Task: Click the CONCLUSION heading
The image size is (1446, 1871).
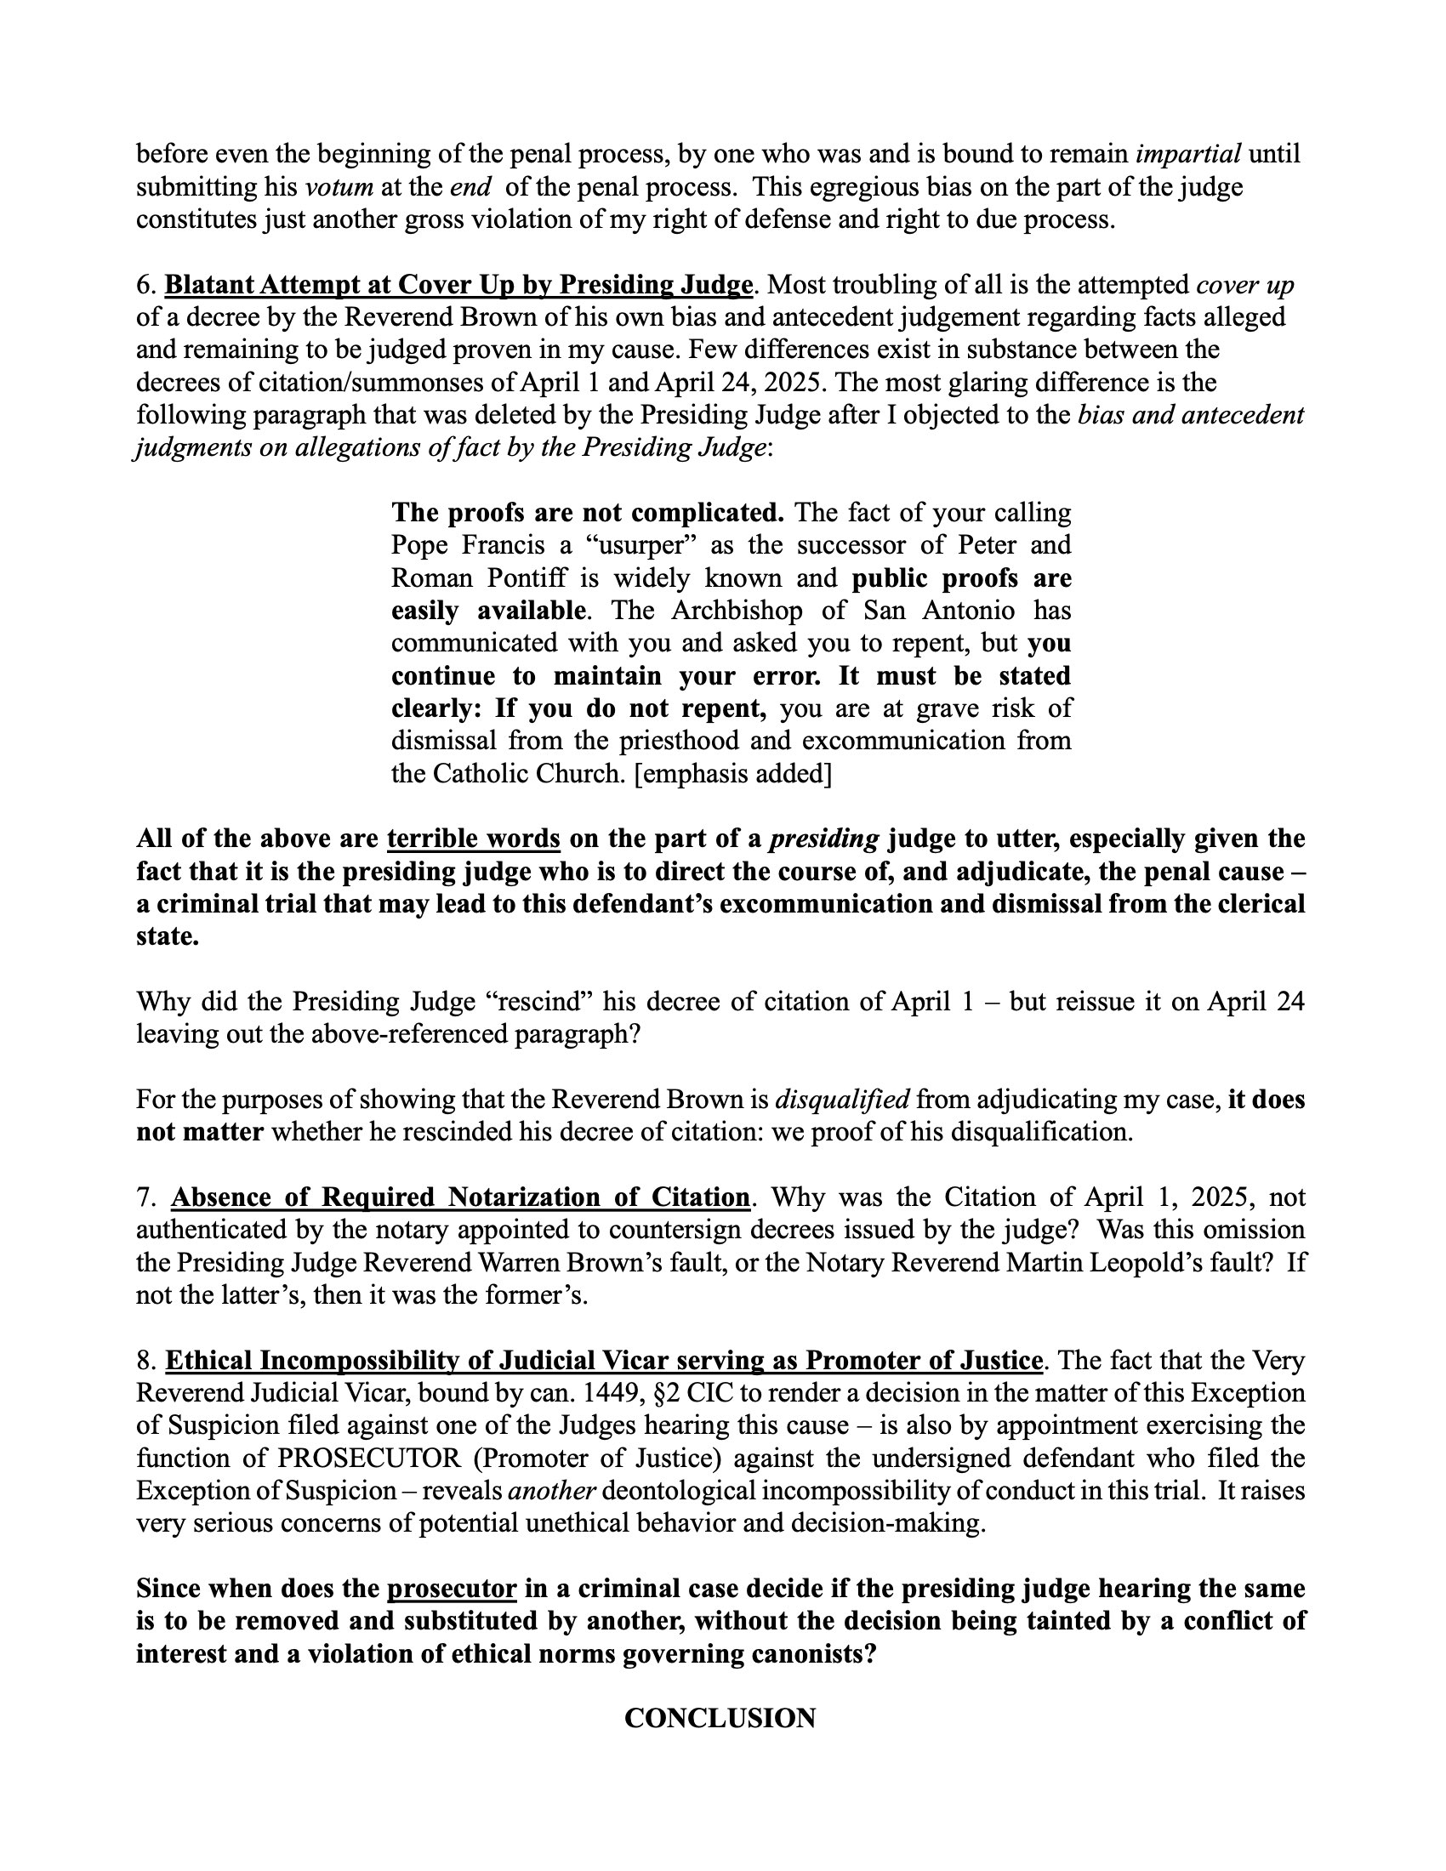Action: (x=720, y=1718)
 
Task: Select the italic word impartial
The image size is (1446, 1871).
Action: (x=1188, y=154)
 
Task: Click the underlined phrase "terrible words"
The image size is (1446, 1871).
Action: (x=474, y=839)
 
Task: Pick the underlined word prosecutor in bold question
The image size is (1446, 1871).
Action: (x=452, y=1589)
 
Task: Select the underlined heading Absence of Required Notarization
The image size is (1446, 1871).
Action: (x=461, y=1197)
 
